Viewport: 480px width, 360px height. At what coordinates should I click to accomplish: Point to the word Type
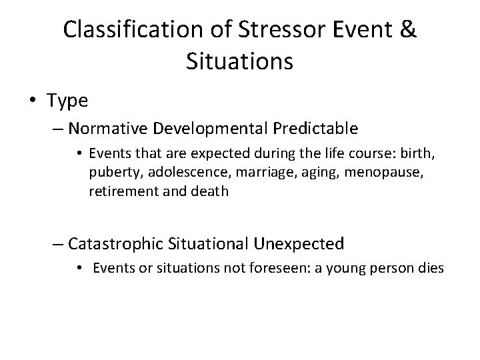[x=67, y=101]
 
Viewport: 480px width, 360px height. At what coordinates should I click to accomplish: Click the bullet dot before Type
[x=34, y=101]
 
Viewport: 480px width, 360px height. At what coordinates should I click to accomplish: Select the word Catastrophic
[x=117, y=244]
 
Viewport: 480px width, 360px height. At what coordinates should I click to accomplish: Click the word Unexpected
[x=299, y=244]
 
